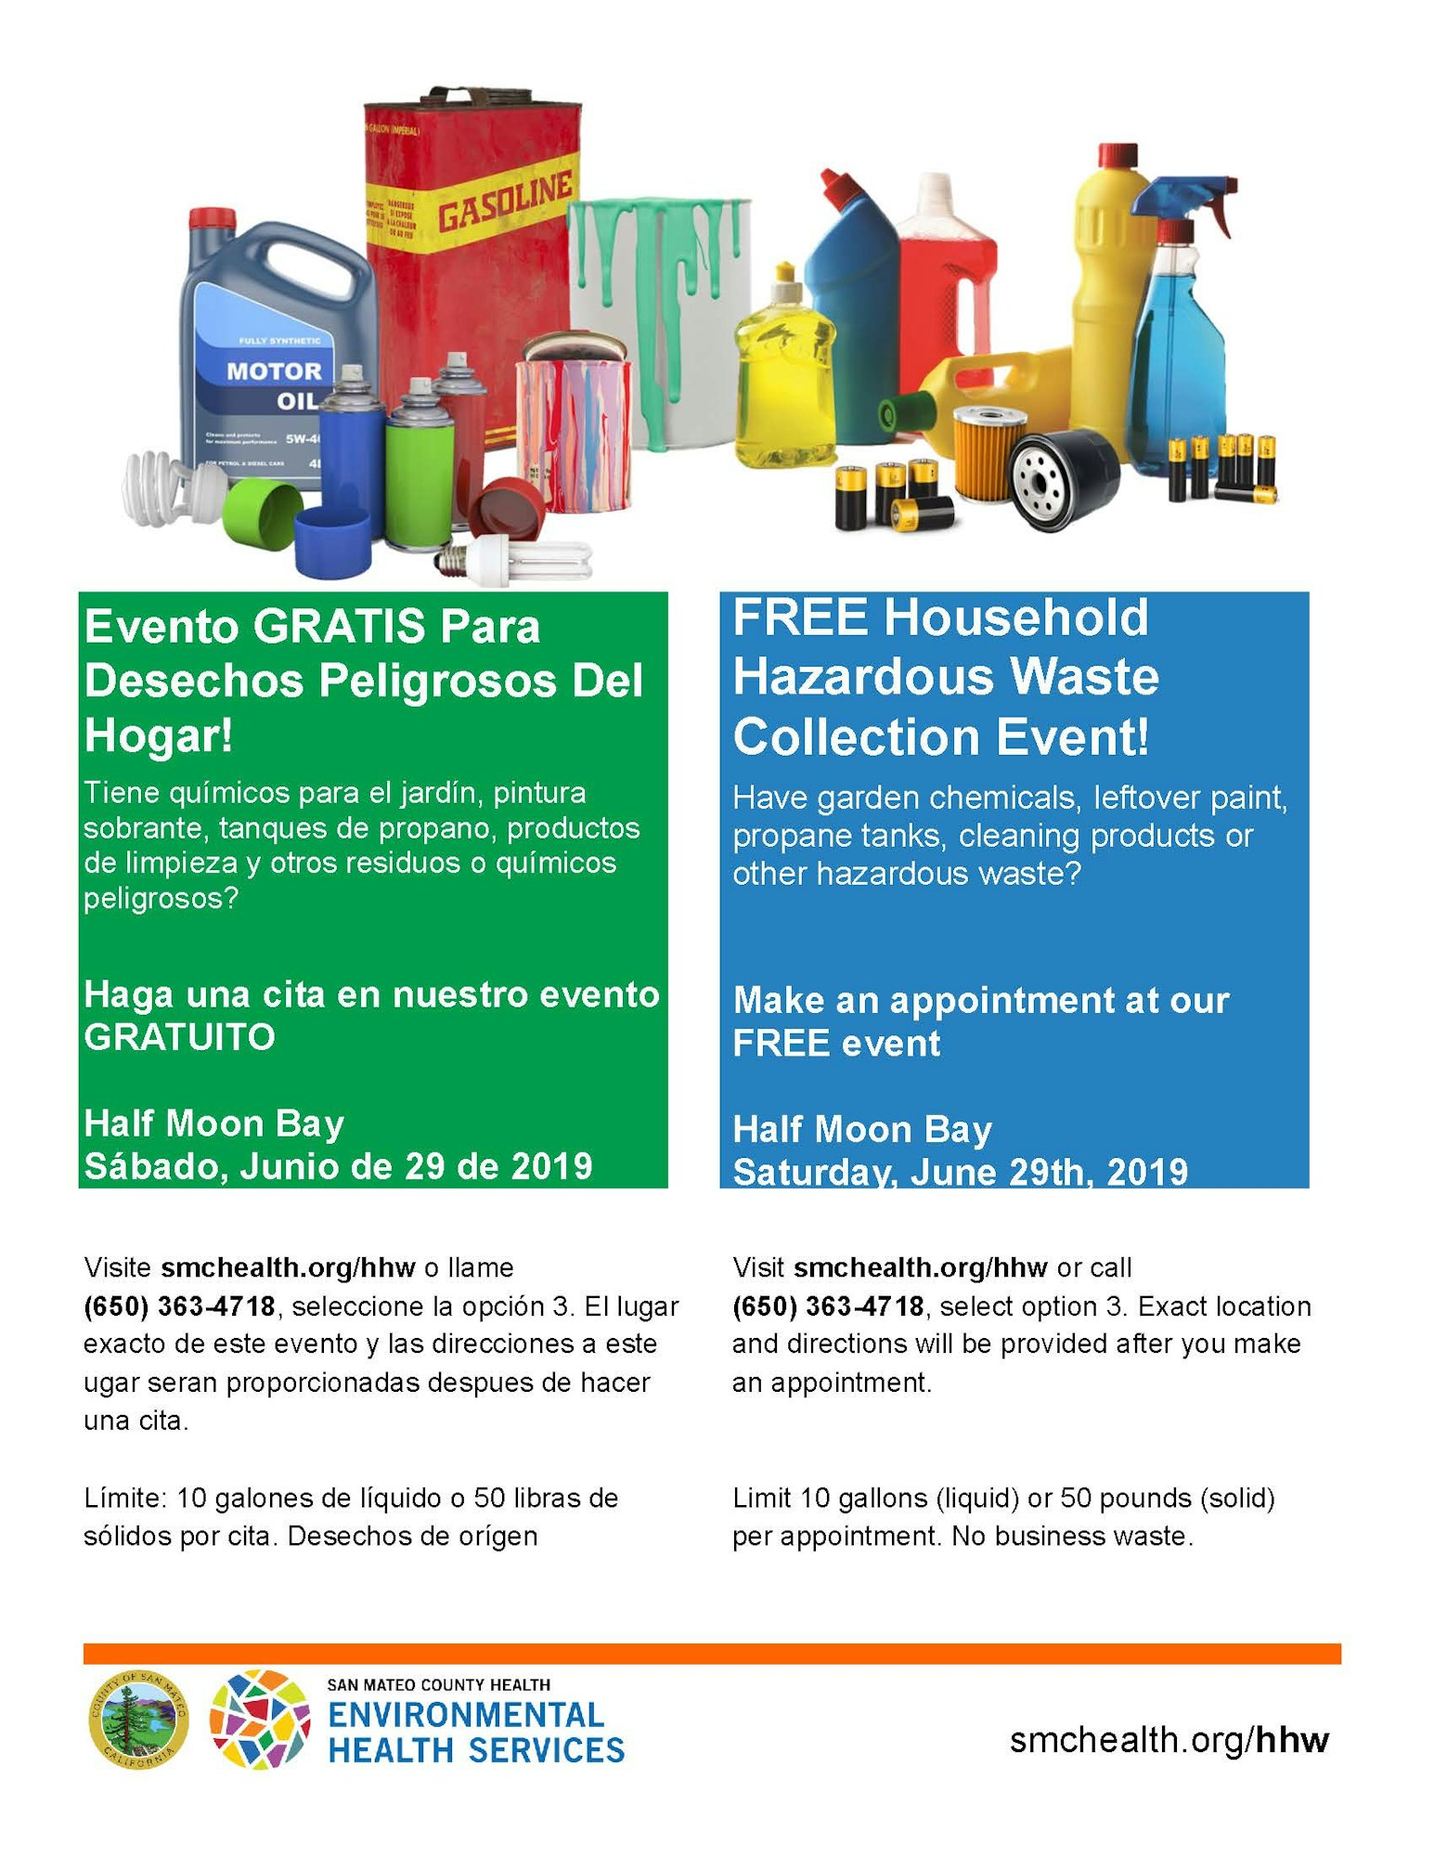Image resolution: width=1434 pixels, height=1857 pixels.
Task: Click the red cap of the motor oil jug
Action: tap(213, 219)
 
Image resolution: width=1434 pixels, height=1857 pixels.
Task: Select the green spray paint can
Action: tap(419, 474)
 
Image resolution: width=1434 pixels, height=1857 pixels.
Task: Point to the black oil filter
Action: tap(1063, 478)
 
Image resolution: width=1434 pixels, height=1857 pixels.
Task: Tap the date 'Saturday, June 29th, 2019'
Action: tap(960, 1172)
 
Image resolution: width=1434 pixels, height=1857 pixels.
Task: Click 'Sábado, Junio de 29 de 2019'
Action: tap(338, 1166)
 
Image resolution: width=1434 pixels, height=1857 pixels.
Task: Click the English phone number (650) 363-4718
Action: tap(828, 1306)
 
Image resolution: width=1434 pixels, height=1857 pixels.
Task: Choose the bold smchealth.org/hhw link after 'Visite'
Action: tap(288, 1267)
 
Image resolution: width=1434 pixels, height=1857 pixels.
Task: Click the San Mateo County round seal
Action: tap(138, 1721)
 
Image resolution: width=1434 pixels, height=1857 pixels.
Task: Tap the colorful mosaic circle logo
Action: tap(259, 1721)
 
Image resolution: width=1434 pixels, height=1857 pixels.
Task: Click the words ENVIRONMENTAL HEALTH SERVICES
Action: tap(475, 1733)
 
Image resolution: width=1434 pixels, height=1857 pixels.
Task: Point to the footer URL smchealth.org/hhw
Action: tap(1169, 1739)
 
